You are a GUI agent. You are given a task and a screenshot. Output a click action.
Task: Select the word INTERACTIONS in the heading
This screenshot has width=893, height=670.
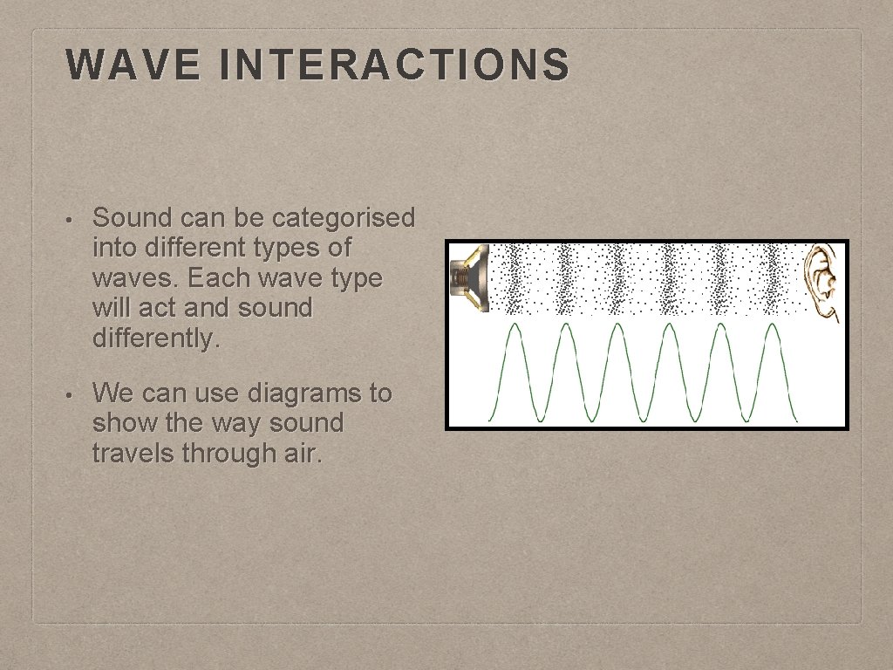394,65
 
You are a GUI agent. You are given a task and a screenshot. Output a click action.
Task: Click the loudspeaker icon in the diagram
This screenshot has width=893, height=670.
469,278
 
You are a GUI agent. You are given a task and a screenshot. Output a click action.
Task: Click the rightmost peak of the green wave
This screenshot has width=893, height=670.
771,326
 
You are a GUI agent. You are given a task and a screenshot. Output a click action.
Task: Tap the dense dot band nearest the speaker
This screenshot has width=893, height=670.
515,278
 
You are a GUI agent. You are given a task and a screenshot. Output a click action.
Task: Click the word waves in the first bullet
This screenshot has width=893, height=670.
123,278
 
